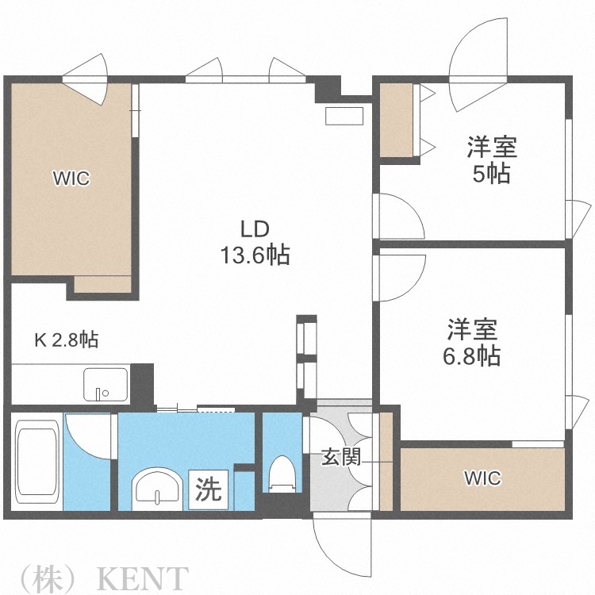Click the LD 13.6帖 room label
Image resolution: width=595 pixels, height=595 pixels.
(255, 242)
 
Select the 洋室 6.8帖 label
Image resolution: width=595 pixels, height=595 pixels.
(471, 342)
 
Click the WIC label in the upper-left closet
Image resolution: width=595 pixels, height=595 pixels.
(71, 178)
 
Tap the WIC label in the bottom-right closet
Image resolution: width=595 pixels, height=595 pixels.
(482, 478)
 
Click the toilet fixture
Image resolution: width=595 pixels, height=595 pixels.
(282, 474)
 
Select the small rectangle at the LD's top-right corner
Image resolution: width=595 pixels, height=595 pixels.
(343, 115)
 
